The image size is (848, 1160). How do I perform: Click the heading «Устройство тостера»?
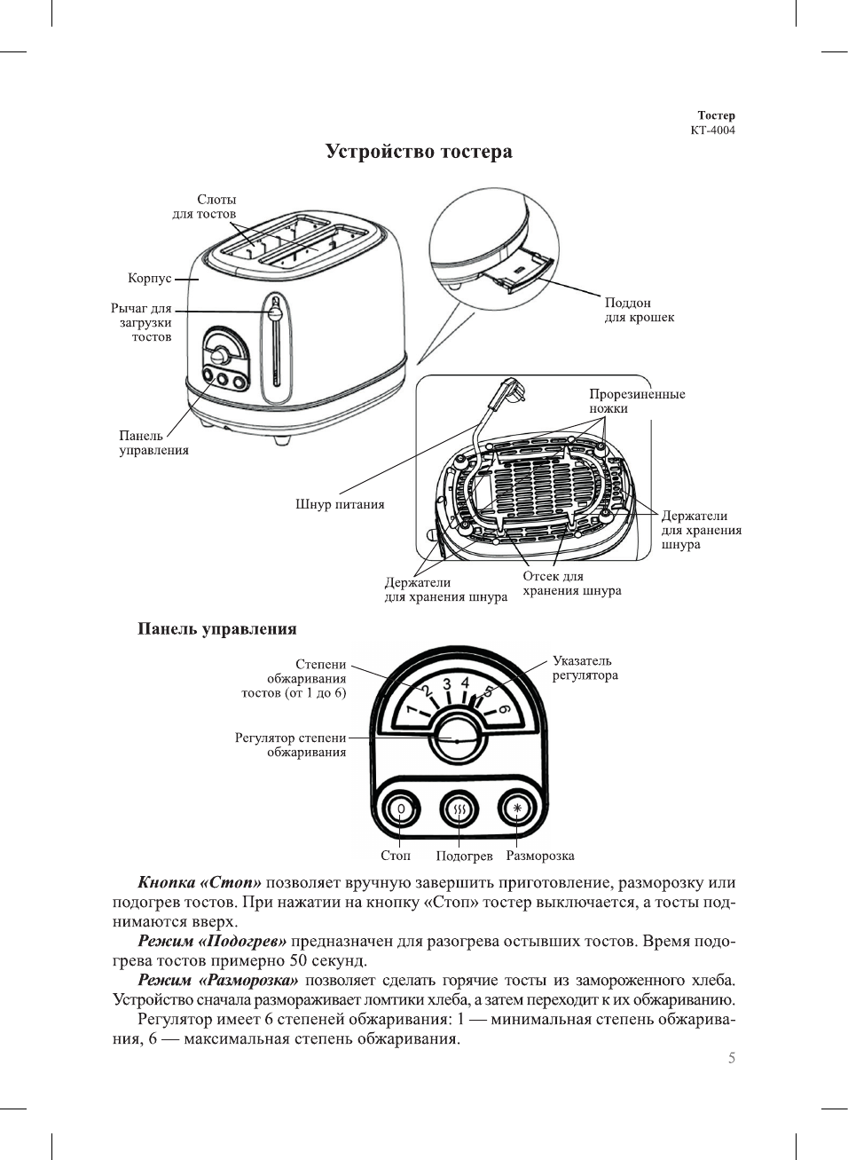pos(419,152)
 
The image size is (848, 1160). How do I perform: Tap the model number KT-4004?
pos(712,130)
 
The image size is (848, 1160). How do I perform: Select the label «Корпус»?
pos(149,279)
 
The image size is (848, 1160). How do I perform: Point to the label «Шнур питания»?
pos(340,505)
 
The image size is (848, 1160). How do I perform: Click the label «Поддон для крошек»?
pos(639,310)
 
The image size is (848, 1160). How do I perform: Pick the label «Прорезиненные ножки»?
pos(637,401)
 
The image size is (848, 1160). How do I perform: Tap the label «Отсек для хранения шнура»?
pos(571,583)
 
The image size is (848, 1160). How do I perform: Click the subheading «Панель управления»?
pos(216,629)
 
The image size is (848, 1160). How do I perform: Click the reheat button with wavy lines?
pos(459,809)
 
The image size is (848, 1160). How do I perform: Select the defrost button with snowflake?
pos(517,809)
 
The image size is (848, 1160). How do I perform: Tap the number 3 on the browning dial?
pos(447,683)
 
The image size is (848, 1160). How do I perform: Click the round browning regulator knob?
pos(457,738)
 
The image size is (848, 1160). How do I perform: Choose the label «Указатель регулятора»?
pos(585,668)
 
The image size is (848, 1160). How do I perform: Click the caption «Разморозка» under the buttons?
pos(539,856)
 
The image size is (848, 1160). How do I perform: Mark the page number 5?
pos(732,1058)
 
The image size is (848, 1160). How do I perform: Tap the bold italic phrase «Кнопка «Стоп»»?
pos(200,883)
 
